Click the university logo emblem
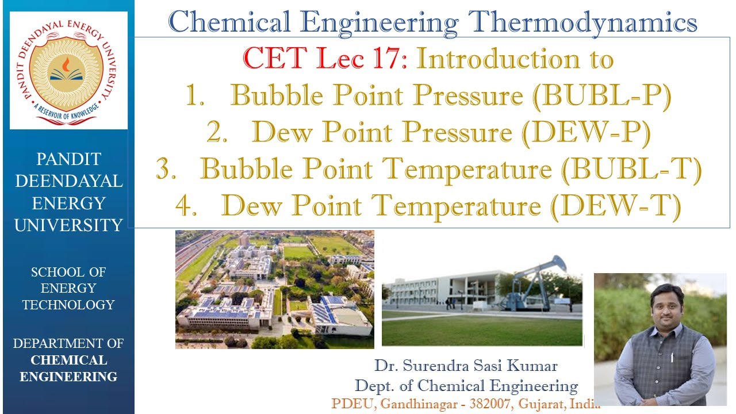[x=68, y=70]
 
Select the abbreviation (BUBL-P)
[x=601, y=96]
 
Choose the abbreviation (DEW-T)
[x=615, y=206]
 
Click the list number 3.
[x=166, y=170]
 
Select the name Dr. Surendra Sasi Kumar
[x=466, y=366]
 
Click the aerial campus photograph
[x=274, y=289]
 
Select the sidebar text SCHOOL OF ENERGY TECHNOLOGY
[x=68, y=288]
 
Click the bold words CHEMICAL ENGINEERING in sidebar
[x=68, y=369]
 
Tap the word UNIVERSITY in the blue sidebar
[x=68, y=225]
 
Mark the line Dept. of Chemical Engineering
[x=466, y=385]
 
